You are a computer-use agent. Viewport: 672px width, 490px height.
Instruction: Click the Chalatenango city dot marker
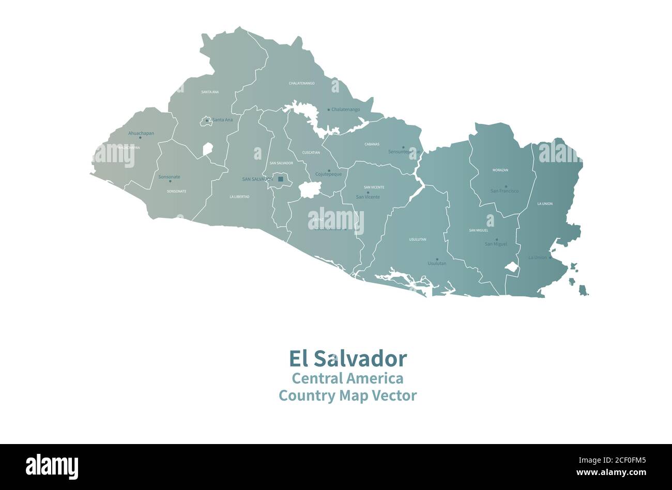(x=328, y=109)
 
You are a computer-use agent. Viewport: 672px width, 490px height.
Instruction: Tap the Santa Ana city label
(x=222, y=120)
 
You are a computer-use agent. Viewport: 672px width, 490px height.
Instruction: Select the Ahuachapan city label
(x=141, y=133)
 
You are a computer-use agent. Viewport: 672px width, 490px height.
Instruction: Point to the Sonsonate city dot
(x=170, y=181)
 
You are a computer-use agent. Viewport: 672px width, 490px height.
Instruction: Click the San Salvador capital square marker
(x=281, y=179)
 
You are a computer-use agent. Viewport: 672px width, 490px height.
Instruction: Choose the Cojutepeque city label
(x=329, y=175)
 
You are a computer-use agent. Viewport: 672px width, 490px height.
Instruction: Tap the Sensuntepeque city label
(x=404, y=152)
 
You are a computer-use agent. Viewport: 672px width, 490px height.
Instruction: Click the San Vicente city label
(x=368, y=197)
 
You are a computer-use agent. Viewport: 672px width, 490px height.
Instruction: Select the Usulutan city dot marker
(x=437, y=259)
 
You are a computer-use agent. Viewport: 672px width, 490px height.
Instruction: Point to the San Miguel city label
(x=496, y=244)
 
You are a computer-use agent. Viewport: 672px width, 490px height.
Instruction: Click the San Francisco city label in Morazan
(x=505, y=191)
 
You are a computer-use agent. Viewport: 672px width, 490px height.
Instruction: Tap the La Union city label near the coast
(x=537, y=258)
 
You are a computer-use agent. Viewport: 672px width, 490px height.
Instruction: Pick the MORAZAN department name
(x=500, y=170)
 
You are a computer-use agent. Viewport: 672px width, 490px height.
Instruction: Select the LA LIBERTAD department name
(x=239, y=197)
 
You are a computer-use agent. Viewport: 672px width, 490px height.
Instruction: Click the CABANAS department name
(x=372, y=144)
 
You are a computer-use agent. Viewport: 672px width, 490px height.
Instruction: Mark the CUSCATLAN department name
(x=311, y=152)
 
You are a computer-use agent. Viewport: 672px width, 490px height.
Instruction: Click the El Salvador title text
(x=347, y=358)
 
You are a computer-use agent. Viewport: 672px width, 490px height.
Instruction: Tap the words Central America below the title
(x=347, y=378)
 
